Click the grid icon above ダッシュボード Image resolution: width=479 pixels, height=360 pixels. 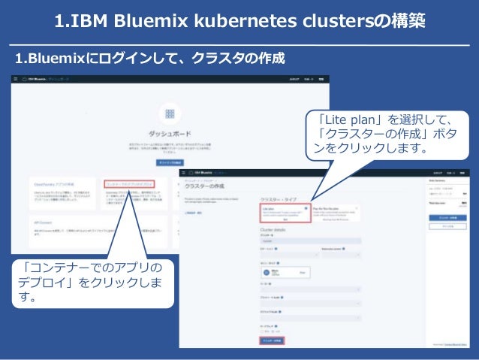click(169, 113)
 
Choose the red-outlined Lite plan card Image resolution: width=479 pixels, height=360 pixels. click(284, 213)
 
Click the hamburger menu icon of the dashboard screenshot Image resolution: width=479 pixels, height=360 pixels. click(15, 79)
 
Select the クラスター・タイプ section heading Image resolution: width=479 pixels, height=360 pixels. click(283, 198)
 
